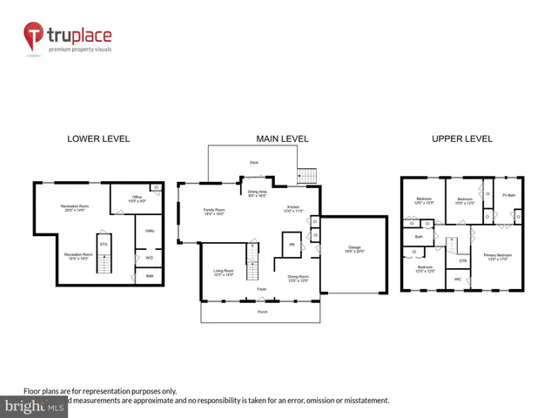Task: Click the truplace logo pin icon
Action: (35, 36)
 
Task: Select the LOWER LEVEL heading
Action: (98, 138)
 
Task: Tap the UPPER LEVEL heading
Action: (461, 138)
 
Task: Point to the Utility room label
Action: (150, 231)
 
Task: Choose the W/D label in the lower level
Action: (150, 257)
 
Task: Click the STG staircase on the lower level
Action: (104, 246)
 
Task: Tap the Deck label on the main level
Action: (254, 162)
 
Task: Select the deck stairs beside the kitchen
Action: (306, 173)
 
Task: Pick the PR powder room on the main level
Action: (292, 245)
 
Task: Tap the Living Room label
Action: (225, 273)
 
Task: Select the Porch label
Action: (261, 311)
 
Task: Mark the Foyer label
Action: (261, 288)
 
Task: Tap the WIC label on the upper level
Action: (458, 279)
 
